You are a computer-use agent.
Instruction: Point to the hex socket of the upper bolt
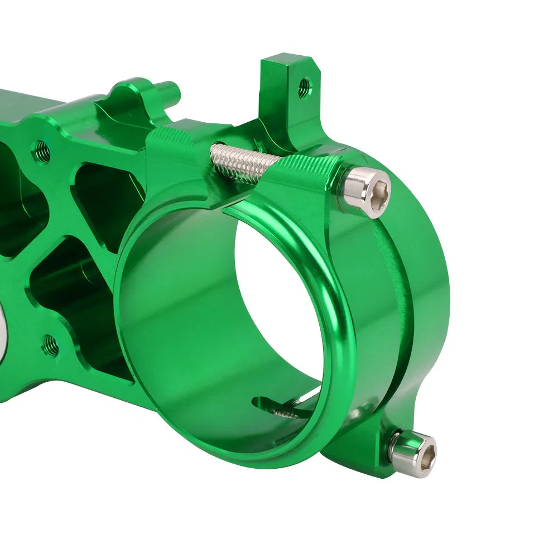click(x=378, y=190)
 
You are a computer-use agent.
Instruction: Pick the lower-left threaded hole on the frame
click(x=50, y=345)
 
